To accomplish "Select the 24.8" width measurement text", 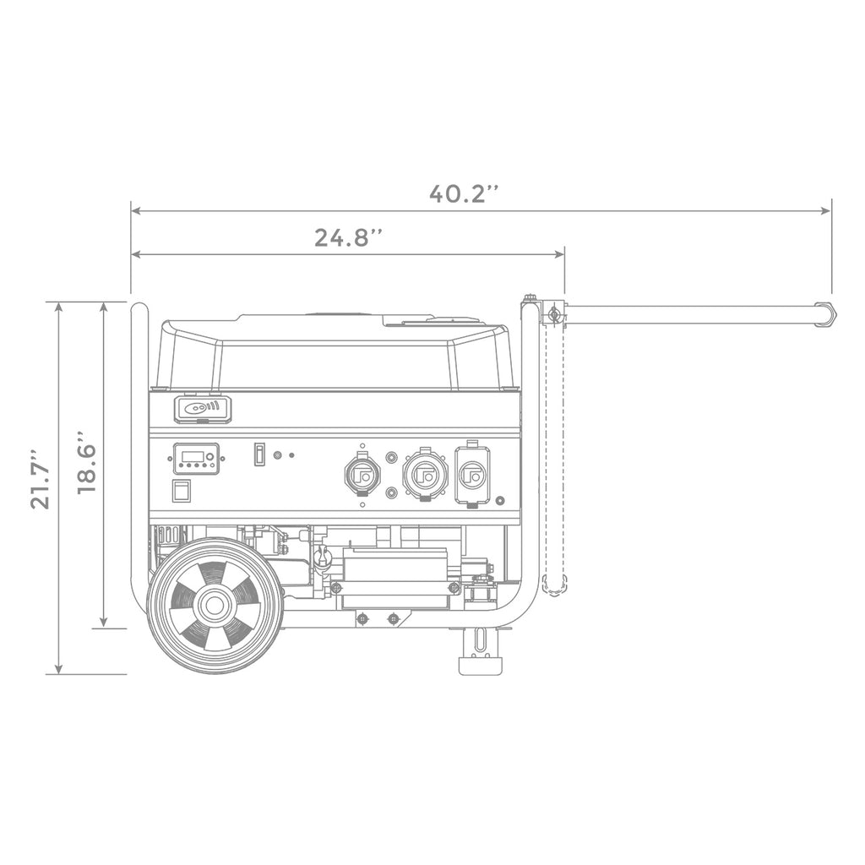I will [350, 237].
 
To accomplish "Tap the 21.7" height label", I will [40, 478].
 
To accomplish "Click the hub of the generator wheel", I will [215, 606].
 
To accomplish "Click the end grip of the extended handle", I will [825, 314].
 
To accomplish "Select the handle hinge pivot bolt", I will [554, 315].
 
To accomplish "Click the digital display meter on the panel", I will [196, 459].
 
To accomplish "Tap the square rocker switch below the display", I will [181, 491].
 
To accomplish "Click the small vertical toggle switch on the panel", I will [260, 454].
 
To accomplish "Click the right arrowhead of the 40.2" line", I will [828, 211].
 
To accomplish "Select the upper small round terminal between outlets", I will [391, 457].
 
